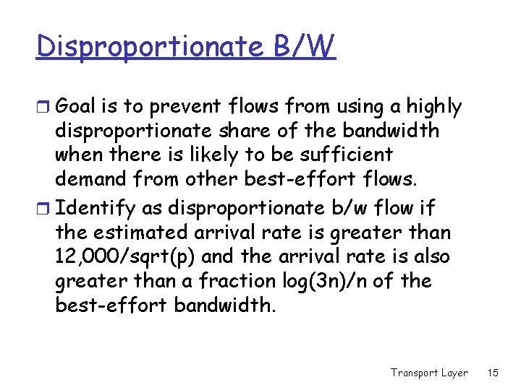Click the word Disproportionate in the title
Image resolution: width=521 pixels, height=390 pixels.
[151, 47]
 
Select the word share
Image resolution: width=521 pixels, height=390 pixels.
[268, 131]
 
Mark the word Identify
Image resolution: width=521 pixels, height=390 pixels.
[95, 209]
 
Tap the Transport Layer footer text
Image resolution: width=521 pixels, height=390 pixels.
[429, 373]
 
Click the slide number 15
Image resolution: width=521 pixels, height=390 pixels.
[493, 373]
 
